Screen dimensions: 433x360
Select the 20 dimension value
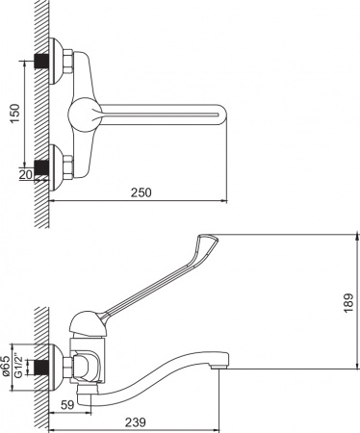pos(26,173)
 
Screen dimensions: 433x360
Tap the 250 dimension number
pos(140,191)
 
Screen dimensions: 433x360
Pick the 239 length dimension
pos(135,420)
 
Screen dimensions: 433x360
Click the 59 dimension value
pos(64,405)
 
